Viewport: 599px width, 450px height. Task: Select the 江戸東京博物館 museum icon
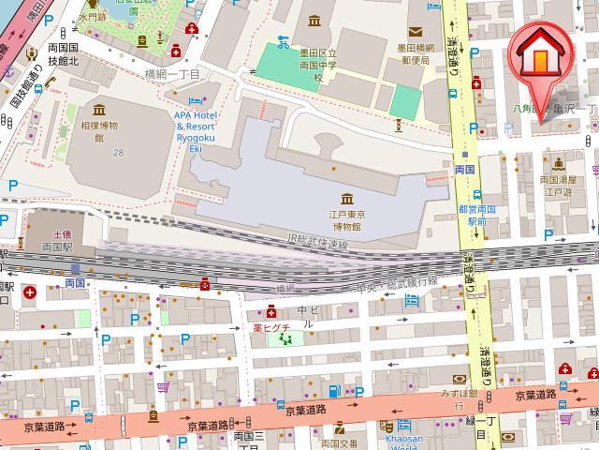(x=347, y=199)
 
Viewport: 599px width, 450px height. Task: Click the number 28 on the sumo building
(x=118, y=152)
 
